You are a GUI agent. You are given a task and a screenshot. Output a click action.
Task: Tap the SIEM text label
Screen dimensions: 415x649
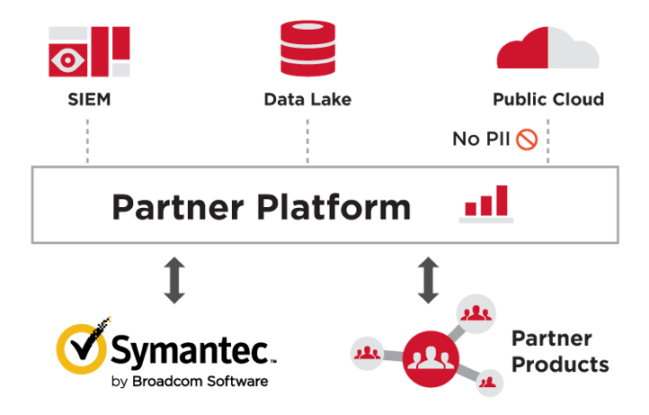(x=89, y=98)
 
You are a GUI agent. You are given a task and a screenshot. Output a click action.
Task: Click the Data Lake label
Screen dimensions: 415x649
(x=307, y=98)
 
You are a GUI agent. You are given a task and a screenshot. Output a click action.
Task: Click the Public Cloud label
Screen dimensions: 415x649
(x=547, y=98)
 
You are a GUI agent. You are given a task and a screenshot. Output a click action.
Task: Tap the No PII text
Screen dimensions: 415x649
(x=482, y=140)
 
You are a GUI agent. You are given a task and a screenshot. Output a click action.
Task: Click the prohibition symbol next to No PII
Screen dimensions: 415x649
(x=526, y=140)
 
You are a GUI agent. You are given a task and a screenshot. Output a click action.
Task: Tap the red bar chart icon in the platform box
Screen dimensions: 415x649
(x=486, y=203)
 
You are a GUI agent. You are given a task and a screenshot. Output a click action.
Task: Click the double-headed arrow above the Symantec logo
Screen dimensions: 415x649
(x=174, y=279)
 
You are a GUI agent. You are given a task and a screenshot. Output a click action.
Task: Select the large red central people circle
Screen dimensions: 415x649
(x=427, y=357)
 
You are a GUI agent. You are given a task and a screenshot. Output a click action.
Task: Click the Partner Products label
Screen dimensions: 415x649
(x=558, y=351)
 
